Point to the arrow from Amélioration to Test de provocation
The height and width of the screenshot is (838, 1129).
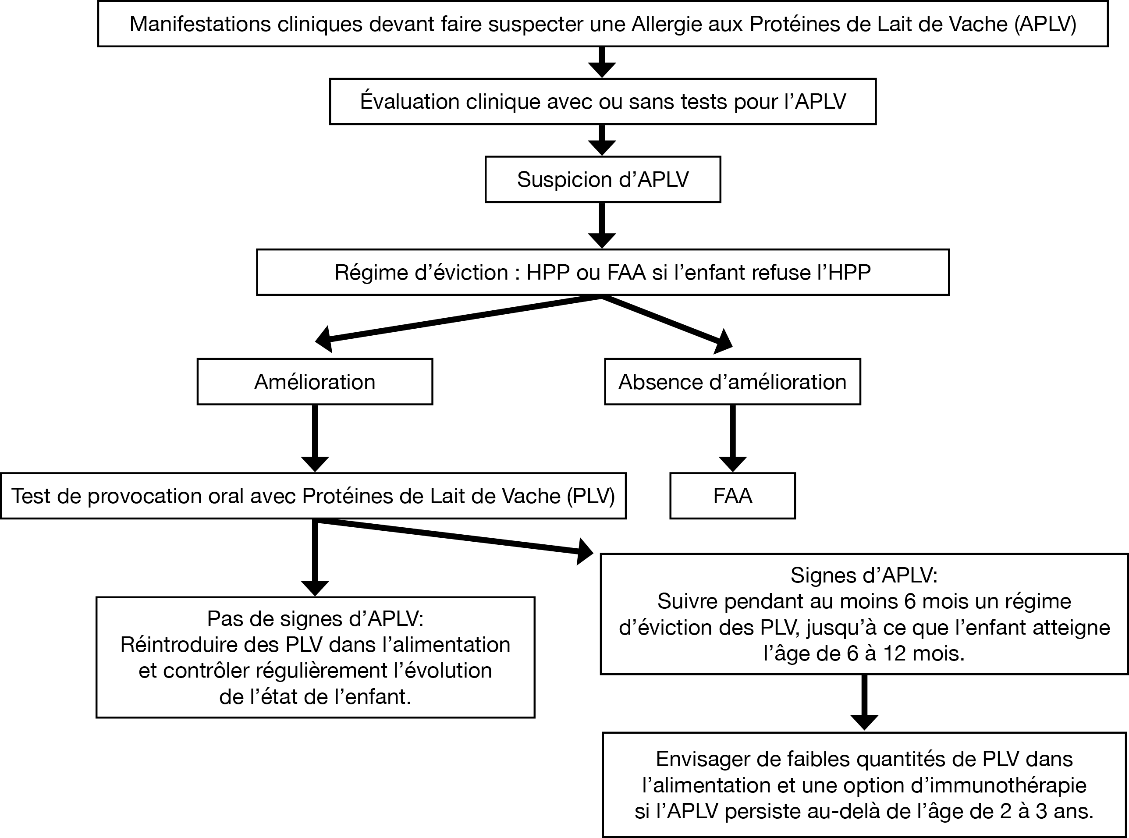315,438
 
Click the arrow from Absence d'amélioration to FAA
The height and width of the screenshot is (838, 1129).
732,438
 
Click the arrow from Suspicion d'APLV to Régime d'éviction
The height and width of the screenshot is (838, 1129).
602,226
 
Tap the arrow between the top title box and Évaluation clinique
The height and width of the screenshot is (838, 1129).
602,62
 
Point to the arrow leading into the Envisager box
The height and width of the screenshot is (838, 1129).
864,702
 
